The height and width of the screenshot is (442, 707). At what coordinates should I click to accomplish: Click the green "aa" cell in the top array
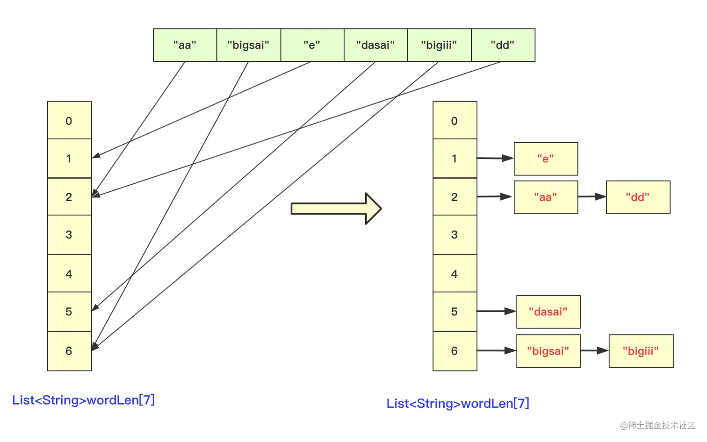185,45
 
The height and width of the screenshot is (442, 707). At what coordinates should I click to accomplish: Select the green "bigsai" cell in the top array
248,45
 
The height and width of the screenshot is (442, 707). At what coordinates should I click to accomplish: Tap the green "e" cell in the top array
312,45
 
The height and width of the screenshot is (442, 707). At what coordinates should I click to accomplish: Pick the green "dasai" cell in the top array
375,45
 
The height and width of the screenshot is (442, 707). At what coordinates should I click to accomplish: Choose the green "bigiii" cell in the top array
439,45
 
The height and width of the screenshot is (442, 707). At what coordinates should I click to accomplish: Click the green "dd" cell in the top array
503,45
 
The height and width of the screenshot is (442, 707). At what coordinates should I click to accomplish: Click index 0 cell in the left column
69,121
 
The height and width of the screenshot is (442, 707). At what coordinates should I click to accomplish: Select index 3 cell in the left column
69,235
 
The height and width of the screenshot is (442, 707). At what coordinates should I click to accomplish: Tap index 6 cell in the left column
69,351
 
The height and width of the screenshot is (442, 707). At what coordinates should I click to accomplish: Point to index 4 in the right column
454,274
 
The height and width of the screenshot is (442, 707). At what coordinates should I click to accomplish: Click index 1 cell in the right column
454,159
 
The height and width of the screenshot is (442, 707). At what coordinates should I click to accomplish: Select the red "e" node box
546,159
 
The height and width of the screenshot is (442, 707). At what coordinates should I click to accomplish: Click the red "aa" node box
546,197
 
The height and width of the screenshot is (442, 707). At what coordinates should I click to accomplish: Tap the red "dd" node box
638,197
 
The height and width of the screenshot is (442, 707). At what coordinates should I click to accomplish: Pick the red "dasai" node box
548,312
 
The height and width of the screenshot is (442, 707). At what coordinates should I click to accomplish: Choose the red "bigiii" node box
641,351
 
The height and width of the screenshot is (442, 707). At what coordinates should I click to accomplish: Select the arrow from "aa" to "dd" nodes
592,197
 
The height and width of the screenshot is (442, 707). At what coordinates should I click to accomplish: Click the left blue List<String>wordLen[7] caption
83,400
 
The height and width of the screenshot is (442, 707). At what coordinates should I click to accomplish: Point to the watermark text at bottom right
657,425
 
